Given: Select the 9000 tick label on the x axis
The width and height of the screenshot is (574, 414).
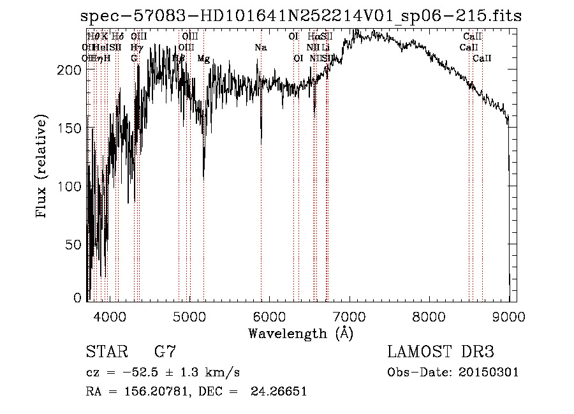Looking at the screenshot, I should tap(508, 316).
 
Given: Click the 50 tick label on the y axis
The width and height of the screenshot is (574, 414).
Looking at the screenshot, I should tap(75, 245).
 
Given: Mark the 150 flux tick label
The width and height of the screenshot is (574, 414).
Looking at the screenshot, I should tap(71, 128).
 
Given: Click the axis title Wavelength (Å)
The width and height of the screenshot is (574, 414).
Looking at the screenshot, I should tap(300, 333).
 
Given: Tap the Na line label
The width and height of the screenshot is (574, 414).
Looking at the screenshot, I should tap(260, 48).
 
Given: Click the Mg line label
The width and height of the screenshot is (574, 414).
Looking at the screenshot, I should tap(203, 59).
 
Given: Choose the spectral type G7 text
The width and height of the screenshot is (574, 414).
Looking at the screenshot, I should tap(165, 352).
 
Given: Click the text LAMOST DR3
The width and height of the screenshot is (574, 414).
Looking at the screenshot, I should tap(441, 352).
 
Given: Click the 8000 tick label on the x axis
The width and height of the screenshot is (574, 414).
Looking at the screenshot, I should tap(429, 316).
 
